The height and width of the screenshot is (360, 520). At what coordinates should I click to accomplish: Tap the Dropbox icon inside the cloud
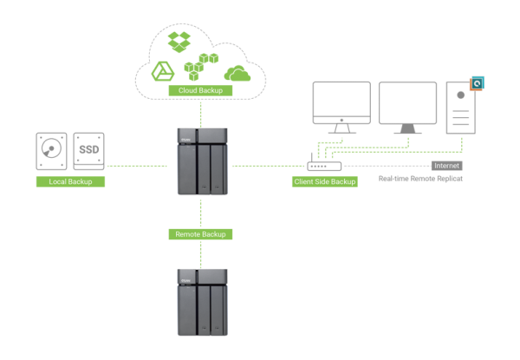click(180, 40)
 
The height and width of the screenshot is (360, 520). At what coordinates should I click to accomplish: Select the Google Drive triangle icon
click(163, 71)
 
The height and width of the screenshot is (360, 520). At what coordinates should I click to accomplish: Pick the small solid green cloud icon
click(237, 72)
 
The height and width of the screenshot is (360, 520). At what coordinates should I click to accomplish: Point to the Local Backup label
click(70, 181)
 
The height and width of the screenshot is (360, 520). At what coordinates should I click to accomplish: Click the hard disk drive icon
click(52, 151)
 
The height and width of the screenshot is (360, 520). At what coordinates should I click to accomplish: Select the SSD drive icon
click(89, 151)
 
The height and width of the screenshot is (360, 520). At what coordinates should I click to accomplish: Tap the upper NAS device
click(201, 160)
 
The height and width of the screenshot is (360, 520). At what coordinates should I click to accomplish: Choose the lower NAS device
click(201, 301)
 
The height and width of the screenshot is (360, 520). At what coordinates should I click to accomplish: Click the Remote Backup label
click(201, 234)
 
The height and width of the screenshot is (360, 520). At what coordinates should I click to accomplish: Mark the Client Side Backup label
click(324, 182)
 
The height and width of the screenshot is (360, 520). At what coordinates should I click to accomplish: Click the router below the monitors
click(324, 165)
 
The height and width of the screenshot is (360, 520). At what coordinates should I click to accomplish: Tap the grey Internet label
click(446, 165)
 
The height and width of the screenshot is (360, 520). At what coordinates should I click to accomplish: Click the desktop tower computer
click(460, 108)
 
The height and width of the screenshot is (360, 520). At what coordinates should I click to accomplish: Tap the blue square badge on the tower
click(476, 84)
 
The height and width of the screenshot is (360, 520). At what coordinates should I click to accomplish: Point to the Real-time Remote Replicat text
click(420, 179)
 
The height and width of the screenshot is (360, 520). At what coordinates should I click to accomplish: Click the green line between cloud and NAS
click(201, 112)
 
